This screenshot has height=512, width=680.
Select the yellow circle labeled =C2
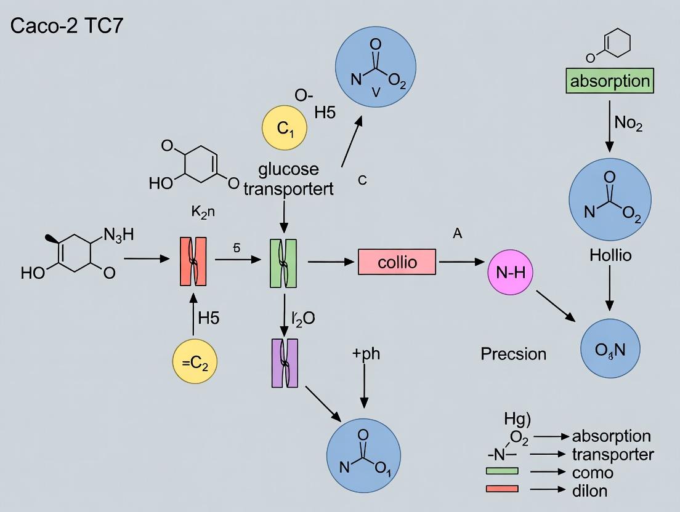click(195, 362)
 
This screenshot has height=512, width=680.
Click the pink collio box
click(397, 262)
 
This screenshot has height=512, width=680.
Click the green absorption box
click(610, 81)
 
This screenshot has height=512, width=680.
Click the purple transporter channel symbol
click(285, 363)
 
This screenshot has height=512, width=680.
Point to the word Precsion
click(513, 354)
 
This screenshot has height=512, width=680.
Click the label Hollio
click(610, 255)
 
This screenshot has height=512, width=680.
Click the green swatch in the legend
click(502, 472)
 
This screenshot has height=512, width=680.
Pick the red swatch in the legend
click(502, 490)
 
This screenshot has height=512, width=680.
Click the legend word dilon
click(589, 490)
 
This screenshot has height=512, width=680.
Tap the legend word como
click(593, 472)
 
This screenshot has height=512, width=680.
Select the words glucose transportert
click(288, 178)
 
